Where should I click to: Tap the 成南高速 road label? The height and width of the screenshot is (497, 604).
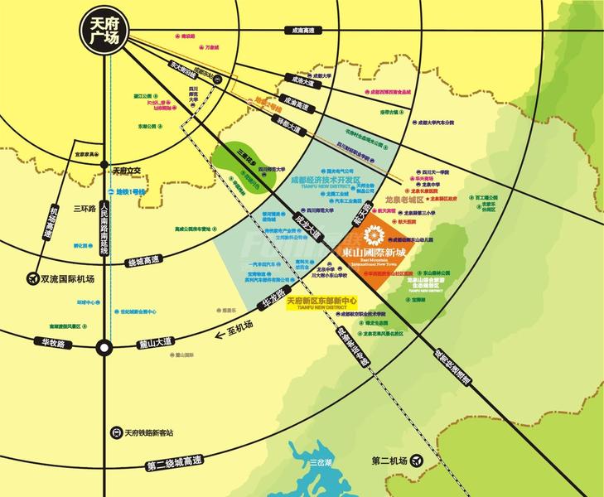(304, 31)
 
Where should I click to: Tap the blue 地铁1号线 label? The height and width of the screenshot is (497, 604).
(130, 192)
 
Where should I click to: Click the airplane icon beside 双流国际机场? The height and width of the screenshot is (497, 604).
(33, 278)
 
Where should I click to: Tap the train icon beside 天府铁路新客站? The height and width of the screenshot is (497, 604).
(116, 432)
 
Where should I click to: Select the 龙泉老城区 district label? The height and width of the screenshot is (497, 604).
(404, 200)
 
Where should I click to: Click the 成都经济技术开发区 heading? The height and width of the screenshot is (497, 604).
(326, 179)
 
